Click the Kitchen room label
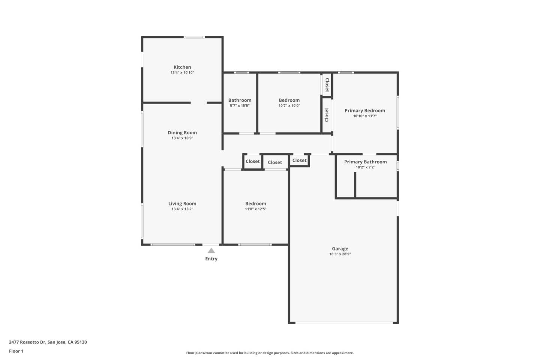(182, 67)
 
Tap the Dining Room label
(182, 133)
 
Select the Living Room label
(182, 204)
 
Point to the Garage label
(340, 249)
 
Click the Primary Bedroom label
(365, 111)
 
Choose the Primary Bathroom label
(366, 162)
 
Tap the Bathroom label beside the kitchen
(240, 100)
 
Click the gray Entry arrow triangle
(211, 250)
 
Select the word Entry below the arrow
(211, 259)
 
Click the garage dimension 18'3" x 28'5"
(340, 254)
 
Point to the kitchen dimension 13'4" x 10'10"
(182, 73)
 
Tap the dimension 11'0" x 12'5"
(255, 209)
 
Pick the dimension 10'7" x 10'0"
(289, 106)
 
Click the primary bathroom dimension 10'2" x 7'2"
(366, 167)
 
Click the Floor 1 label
(16, 351)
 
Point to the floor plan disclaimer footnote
(270, 353)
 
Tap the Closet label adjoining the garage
(299, 160)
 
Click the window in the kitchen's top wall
(194, 37)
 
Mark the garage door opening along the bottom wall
(344, 322)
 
